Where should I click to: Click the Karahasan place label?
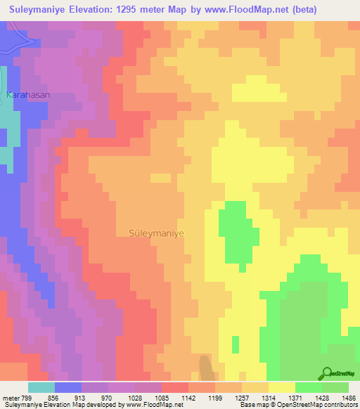tap(29, 94)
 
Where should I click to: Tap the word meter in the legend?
tap(11, 397)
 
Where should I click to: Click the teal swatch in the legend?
tap(41, 387)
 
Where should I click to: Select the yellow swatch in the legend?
tap(281, 387)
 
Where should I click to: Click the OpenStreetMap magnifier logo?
tap(326, 372)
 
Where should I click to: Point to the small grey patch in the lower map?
tap(205, 368)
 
